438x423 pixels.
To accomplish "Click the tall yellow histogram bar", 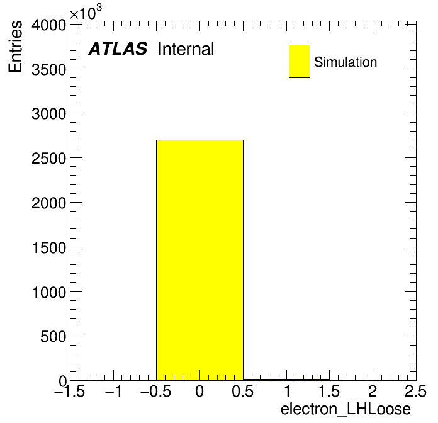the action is [x=199, y=260].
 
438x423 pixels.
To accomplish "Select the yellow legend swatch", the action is [x=300, y=61].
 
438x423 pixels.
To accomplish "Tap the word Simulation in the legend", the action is [x=345, y=62].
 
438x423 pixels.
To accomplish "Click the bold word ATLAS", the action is [x=118, y=48].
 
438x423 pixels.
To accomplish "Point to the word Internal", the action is [x=186, y=48].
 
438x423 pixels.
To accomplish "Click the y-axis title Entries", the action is [x=15, y=47].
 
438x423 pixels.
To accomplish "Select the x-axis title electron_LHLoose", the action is [x=345, y=409].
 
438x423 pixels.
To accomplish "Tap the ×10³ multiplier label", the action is [x=86, y=12].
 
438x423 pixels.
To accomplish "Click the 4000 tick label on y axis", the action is [x=48, y=25].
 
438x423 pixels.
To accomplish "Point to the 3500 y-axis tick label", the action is [x=48, y=70].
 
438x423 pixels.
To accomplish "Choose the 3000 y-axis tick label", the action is [x=48, y=114].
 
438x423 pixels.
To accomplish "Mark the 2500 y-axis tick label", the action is [x=48, y=159].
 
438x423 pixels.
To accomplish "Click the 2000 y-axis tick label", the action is [x=48, y=203].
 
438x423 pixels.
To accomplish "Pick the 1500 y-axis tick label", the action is [x=49, y=247].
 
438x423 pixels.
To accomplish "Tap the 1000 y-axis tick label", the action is [x=49, y=292].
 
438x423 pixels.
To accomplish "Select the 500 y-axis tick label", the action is [x=53, y=336].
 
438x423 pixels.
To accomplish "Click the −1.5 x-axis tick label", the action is [x=69, y=391].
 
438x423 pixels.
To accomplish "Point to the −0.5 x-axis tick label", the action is [x=155, y=391].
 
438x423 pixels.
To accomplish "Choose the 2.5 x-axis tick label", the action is [x=415, y=391].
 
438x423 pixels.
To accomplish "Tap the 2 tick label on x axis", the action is [x=373, y=391].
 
